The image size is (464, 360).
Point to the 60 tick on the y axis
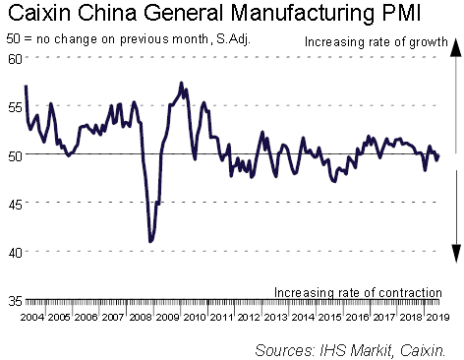15,59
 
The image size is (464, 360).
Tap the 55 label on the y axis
15,107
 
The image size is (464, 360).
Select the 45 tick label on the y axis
15,205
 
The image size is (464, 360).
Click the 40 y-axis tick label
15,253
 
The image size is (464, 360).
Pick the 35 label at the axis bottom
15,301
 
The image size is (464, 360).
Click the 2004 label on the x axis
32,317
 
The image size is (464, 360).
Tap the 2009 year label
168,317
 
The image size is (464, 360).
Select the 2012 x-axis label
249,317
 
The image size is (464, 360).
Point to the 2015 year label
330,317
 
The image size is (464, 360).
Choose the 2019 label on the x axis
437,317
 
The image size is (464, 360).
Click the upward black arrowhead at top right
456,47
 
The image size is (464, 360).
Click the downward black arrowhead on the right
456,253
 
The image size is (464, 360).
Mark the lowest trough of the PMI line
150,241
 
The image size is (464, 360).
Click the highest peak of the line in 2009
181,83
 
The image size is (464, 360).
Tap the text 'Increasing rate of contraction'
358,292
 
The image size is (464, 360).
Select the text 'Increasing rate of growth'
377,42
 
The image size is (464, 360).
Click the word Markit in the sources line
372,350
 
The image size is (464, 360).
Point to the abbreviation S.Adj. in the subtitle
233,39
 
